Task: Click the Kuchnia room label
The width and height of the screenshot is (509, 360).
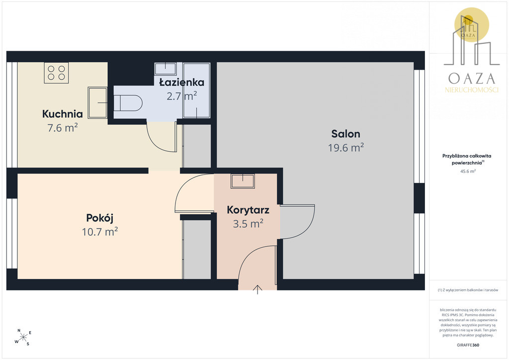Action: coord(62,114)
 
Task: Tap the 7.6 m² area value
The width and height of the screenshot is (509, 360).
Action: coord(63,128)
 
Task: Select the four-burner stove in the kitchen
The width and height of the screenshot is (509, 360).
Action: coord(56,73)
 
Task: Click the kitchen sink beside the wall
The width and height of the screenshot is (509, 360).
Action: coord(97,102)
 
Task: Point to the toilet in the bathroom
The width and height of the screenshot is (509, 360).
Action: coord(128,102)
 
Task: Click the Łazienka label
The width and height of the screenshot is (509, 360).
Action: coord(182,82)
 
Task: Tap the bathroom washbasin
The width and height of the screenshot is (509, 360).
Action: coord(166,69)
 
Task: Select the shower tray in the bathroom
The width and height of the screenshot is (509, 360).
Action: coord(196,90)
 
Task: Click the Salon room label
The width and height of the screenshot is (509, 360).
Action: coord(346,134)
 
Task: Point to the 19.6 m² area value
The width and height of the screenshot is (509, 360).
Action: coord(346,148)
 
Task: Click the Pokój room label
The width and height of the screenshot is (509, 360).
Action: coord(99,218)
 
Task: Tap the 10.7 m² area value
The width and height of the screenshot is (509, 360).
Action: coord(99,232)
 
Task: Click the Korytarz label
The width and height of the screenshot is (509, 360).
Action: coord(248,210)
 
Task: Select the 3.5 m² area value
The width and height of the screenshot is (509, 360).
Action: coord(248,224)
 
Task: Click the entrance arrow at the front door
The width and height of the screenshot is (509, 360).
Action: coord(257,289)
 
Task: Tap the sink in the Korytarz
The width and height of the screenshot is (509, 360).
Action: coord(243,181)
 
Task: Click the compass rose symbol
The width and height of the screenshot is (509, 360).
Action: coord(23,338)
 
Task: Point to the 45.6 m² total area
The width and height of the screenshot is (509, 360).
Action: coord(468,172)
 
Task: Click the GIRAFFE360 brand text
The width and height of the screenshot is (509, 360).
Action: coord(468,345)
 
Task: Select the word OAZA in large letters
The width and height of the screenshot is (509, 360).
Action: coord(472,79)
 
